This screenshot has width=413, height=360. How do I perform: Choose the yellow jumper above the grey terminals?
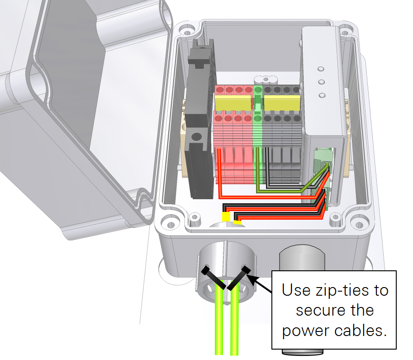[x=282, y=103]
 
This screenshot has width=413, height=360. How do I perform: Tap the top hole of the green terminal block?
[x=258, y=90]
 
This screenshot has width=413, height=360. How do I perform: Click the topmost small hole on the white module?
[x=321, y=69]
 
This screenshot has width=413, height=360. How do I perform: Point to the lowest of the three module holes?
[x=323, y=96]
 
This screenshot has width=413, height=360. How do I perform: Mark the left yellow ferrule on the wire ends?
[x=226, y=217]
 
